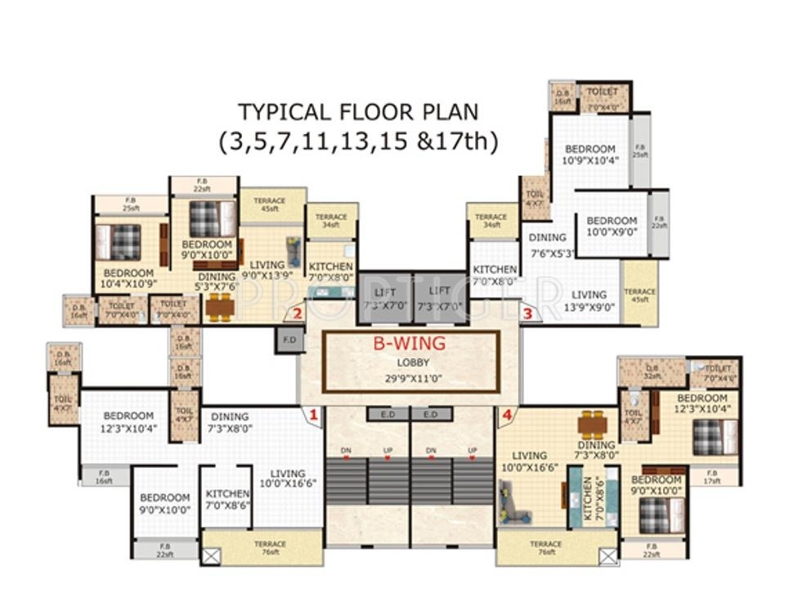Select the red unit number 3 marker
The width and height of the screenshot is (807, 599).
coord(527,313)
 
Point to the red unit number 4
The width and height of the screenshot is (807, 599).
coord(507,416)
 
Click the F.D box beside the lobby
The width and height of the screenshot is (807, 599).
coord(289,339)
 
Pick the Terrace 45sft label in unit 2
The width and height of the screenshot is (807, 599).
coord(269,205)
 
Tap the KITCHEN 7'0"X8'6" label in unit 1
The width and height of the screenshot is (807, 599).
coord(227,499)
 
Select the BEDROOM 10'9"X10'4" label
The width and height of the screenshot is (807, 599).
coord(590,154)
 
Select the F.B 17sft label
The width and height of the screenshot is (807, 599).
coord(711,476)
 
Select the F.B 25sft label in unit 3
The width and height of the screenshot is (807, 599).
coord(639,150)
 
